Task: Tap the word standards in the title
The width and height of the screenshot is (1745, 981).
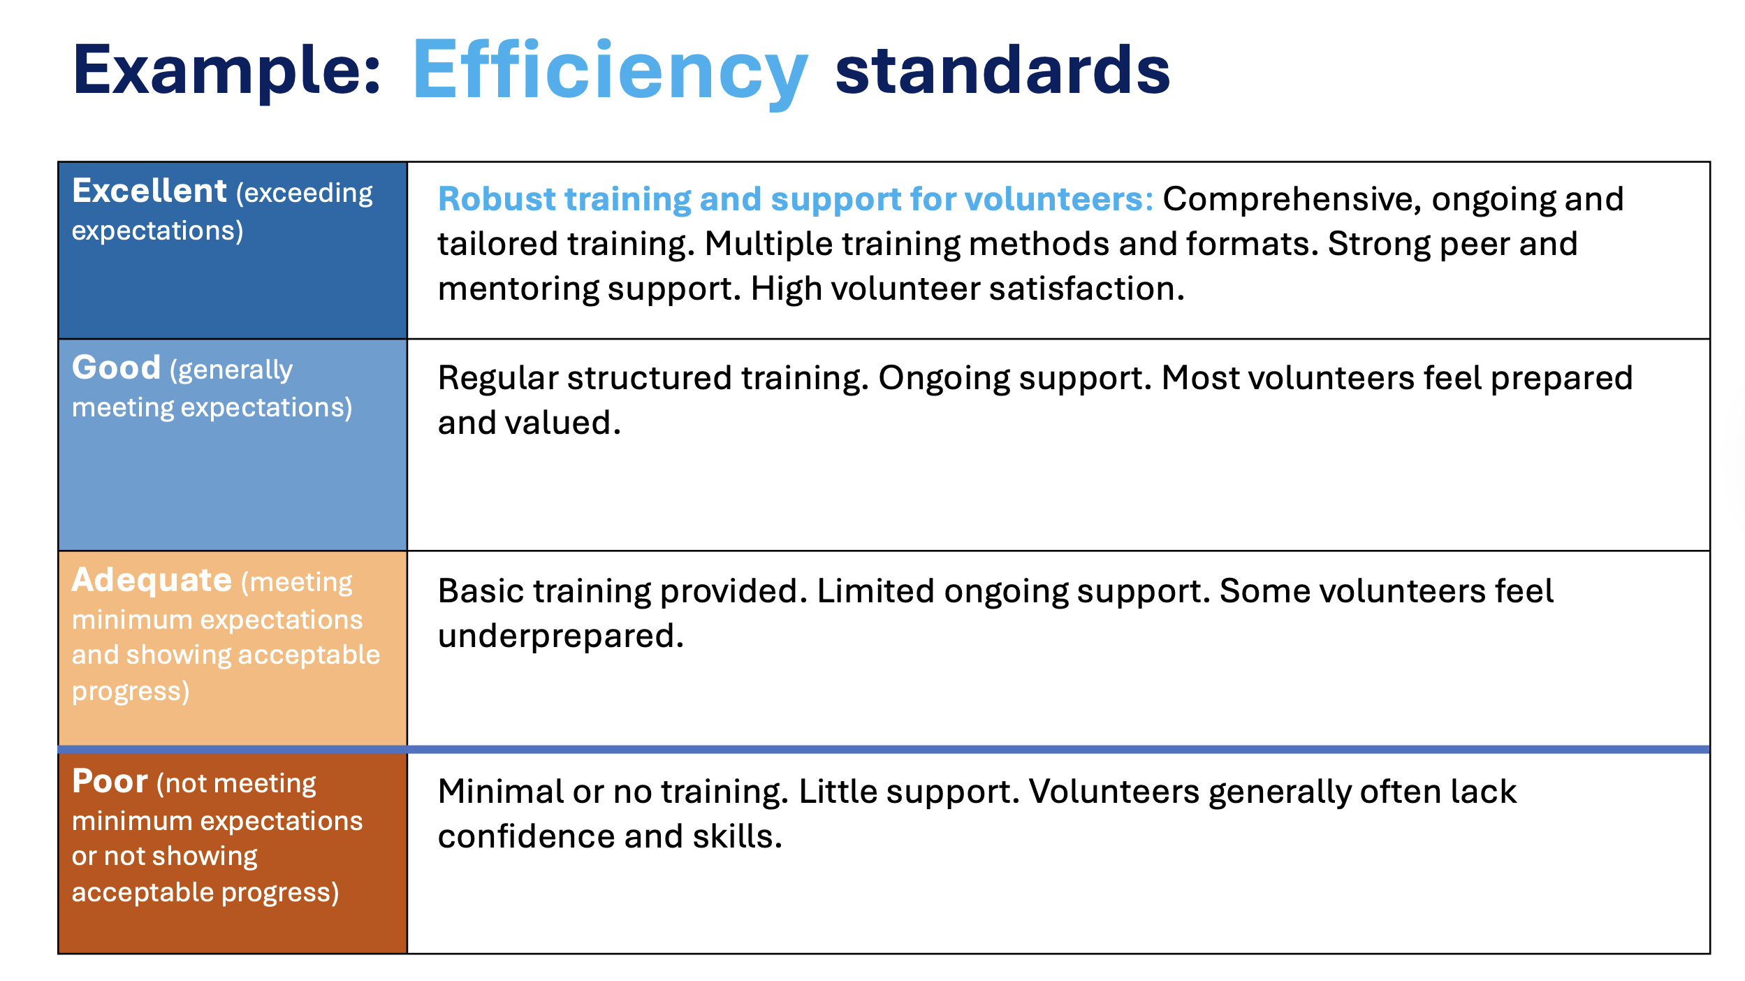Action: point(1002,70)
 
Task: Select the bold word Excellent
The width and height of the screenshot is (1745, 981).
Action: point(149,191)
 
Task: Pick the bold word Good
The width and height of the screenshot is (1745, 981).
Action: point(116,368)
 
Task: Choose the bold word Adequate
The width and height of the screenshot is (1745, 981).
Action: point(152,580)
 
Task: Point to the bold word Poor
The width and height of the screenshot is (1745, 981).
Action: point(110,781)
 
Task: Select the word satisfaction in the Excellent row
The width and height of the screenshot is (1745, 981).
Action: point(1087,289)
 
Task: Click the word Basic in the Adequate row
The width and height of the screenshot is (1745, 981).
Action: point(481,591)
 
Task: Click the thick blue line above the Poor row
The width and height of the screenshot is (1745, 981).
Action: point(884,750)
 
